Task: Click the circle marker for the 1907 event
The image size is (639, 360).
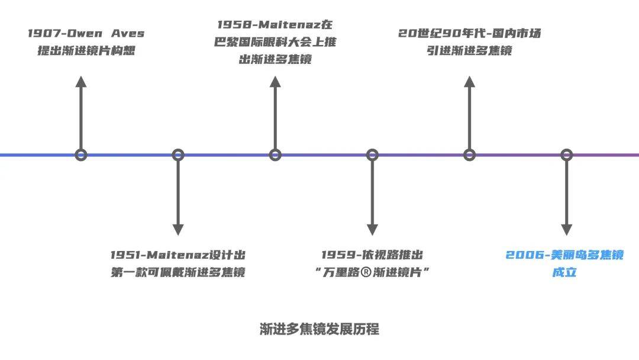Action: click(81, 155)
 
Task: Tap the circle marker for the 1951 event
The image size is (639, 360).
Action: click(178, 155)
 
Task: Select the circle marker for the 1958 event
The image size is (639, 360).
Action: click(275, 155)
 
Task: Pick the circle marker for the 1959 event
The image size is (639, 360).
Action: click(372, 155)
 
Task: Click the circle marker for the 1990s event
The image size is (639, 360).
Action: click(469, 155)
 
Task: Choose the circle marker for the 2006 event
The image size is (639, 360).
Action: click(566, 155)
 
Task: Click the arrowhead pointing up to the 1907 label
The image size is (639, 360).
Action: click(81, 82)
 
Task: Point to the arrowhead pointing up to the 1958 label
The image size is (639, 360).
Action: click(275, 82)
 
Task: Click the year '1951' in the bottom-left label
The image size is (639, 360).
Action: click(124, 255)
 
